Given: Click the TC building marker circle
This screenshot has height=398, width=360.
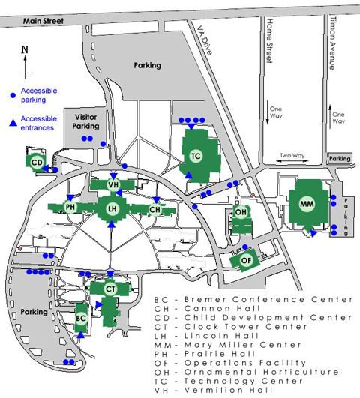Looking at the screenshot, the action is point(196,156).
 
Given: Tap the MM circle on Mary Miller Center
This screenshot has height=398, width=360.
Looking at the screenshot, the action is point(307,204).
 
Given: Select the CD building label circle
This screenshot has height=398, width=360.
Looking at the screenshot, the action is point(37,163).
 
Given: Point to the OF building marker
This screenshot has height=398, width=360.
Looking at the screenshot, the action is point(246,260).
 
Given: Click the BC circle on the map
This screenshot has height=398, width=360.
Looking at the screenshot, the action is point(81,319).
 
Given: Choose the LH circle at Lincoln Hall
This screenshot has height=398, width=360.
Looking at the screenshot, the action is point(112,209).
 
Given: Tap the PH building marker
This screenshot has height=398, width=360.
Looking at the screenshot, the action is point(70,207).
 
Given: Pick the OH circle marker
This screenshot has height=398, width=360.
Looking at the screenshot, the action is point(241,212).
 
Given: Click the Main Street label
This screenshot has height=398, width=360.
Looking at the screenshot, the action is point(43,21).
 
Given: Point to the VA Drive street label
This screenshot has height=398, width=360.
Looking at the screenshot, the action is point(205,40).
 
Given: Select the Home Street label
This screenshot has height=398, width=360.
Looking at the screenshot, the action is point(269,40).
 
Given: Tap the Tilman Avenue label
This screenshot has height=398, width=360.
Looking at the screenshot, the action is point(332,43).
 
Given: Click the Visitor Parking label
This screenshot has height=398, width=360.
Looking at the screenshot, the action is point(85,121).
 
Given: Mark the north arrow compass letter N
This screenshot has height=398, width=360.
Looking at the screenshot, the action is point(25,49).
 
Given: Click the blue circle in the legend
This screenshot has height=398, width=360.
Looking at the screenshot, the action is point(13,95).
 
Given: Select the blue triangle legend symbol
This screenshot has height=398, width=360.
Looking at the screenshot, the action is point(13,123).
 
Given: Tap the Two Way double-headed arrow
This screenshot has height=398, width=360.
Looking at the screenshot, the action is point(292,161).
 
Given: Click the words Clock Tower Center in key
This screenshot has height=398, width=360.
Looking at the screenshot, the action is point(245,327).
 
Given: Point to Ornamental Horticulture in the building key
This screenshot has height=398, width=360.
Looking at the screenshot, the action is point(262,372).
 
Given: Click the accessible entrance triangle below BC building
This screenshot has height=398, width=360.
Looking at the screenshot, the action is point(80,335).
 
